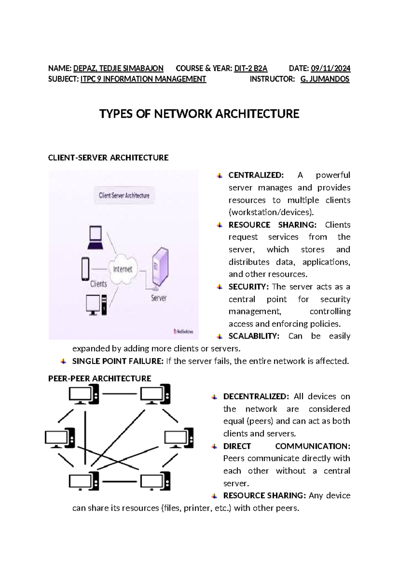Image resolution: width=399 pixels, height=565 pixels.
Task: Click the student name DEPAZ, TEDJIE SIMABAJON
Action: click(x=118, y=69)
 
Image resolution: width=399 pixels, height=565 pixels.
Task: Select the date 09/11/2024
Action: click(x=330, y=69)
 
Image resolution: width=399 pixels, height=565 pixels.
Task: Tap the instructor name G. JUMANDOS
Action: click(x=325, y=79)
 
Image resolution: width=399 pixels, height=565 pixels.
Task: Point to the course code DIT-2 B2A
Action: click(x=251, y=69)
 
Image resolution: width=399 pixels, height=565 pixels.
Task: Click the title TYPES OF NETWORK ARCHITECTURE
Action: click(x=199, y=114)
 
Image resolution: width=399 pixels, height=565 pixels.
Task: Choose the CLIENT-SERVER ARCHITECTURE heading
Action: click(x=108, y=158)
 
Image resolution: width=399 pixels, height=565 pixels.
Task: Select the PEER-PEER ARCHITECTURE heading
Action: click(x=100, y=378)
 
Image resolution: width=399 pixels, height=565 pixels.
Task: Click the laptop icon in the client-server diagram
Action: click(x=95, y=237)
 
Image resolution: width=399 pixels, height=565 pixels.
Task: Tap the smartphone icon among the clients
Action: click(x=85, y=269)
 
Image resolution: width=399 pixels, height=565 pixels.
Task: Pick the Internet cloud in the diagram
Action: click(x=123, y=269)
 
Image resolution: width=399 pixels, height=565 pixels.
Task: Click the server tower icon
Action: click(x=160, y=267)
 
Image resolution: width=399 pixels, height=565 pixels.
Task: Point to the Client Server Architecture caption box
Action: click(x=124, y=196)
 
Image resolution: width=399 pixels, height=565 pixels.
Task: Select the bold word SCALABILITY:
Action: click(x=254, y=336)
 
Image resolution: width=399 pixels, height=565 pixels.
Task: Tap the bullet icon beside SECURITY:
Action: click(x=219, y=287)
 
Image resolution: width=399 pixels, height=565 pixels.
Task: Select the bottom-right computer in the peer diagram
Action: click(x=155, y=481)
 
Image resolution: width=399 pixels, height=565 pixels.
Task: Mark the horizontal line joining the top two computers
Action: click(x=120, y=394)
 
